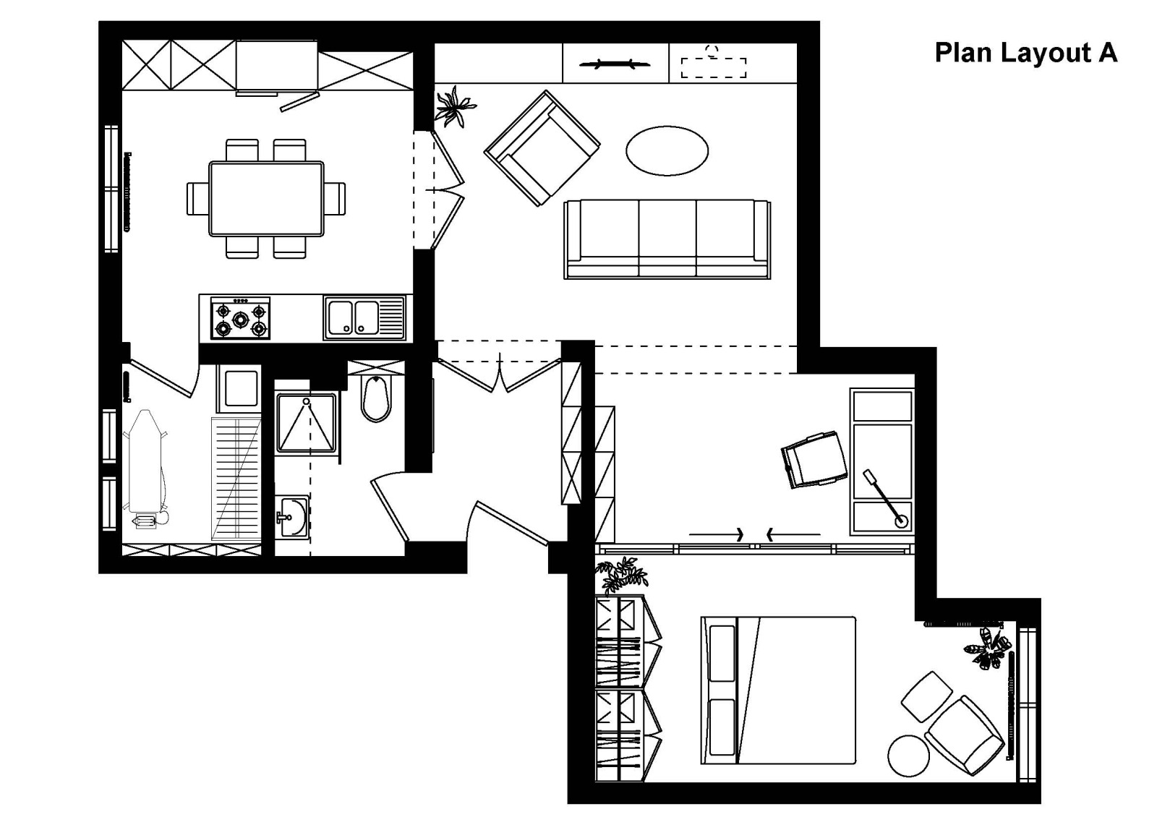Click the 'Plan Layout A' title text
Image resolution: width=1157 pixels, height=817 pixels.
point(1026,54)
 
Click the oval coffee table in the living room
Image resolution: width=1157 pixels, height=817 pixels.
point(667,151)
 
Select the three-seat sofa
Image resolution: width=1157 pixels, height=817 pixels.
point(667,239)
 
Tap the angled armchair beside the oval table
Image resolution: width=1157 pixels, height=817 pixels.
point(542,148)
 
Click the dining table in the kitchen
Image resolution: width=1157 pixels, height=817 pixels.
point(267,199)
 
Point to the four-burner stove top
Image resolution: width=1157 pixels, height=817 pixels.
point(240,318)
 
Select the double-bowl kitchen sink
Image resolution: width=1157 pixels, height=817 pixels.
point(364,317)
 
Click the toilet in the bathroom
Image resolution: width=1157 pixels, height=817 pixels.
point(376,398)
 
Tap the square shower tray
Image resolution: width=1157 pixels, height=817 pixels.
point(307,423)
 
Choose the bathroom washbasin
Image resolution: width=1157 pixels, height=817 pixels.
point(292,517)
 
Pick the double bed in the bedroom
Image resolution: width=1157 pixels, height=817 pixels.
point(778,690)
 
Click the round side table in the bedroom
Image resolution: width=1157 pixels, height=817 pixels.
point(908,756)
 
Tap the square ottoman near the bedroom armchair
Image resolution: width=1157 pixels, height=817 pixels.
point(927,697)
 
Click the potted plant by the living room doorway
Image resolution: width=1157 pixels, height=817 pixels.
point(454,107)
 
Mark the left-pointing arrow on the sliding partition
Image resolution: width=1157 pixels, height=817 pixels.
point(793,534)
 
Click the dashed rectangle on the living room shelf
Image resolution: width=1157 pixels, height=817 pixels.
point(713,68)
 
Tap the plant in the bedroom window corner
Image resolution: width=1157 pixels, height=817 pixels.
point(988,649)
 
